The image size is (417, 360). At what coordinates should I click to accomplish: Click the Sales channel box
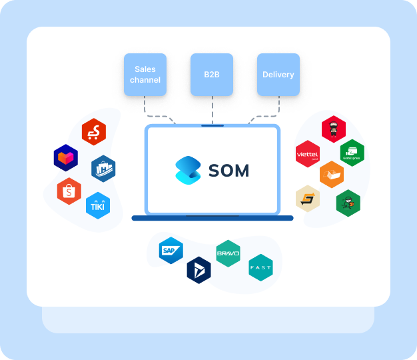(145, 75)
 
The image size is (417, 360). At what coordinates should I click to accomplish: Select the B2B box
(212, 75)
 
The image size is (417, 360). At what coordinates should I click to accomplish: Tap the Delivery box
(278, 75)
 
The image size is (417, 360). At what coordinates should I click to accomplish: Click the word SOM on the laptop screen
(228, 171)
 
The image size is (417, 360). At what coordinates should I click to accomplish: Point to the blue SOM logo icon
(188, 171)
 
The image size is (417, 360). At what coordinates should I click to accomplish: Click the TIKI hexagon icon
(98, 206)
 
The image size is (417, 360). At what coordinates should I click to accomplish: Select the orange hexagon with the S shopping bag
(69, 192)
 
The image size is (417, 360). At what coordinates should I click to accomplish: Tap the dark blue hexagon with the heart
(66, 158)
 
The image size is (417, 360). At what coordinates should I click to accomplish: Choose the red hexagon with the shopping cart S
(94, 132)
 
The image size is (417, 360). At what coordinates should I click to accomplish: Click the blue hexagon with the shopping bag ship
(103, 169)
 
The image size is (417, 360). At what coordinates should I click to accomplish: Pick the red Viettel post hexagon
(308, 154)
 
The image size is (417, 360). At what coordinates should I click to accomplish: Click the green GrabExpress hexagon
(351, 153)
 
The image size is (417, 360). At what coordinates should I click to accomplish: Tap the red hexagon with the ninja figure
(334, 129)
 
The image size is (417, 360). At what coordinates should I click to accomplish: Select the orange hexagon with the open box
(332, 175)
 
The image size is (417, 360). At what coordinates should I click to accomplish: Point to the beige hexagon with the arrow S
(308, 198)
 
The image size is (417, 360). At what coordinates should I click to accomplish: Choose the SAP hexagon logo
(171, 251)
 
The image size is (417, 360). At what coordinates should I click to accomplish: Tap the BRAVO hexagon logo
(228, 253)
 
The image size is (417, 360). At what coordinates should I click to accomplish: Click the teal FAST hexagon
(260, 267)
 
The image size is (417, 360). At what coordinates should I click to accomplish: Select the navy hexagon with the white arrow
(199, 270)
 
